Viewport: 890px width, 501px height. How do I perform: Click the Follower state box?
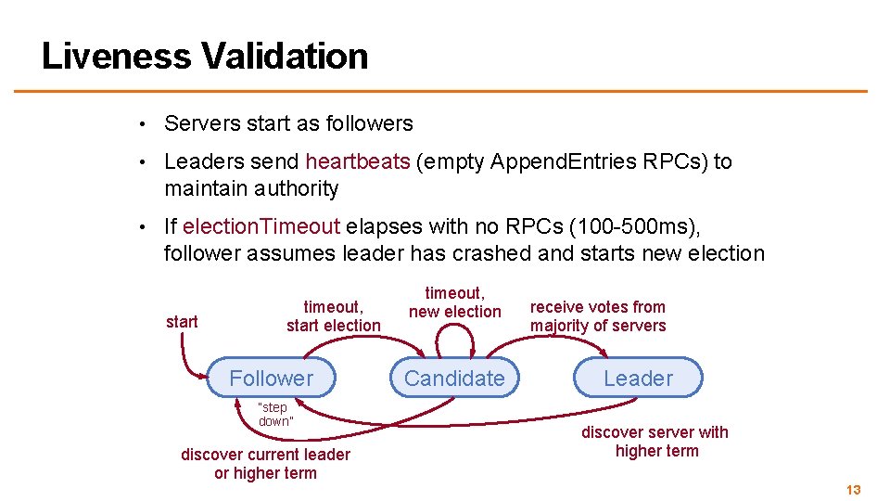coord(272,378)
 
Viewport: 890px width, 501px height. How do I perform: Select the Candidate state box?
coord(454,378)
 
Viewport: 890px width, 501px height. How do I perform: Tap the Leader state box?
coord(638,378)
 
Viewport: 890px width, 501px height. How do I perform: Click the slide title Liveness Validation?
coord(205,56)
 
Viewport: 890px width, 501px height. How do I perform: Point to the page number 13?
coord(854,489)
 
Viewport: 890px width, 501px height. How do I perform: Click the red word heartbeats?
coord(358,161)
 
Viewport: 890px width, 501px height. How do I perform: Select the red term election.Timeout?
coord(261,226)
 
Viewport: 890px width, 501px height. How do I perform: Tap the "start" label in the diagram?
coord(182,321)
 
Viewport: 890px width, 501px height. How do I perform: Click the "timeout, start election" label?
coord(333,315)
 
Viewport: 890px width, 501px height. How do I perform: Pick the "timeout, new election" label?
coord(454,302)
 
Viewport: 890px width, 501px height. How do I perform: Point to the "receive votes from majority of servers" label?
coord(598,315)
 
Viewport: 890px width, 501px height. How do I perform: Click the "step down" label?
coord(273,414)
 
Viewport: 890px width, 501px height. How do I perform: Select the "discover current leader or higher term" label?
coord(265,463)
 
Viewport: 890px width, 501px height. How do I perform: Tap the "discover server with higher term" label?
coord(655,442)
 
